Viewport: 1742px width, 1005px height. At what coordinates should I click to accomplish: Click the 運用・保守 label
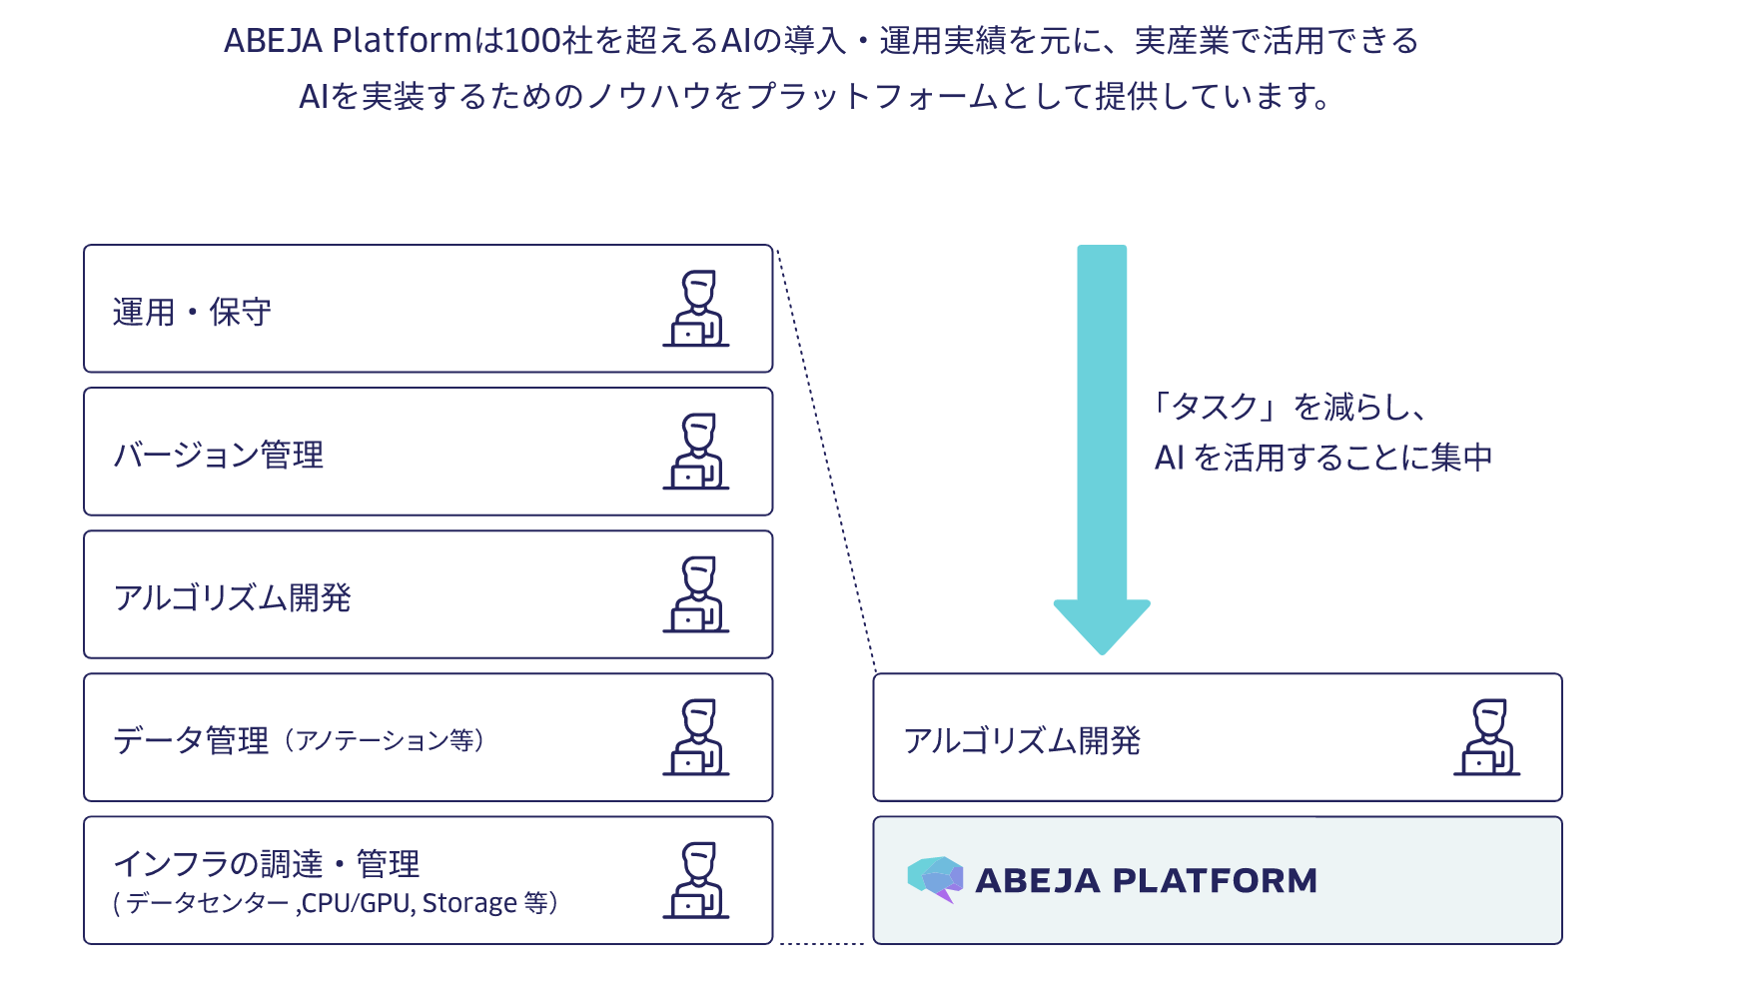(192, 312)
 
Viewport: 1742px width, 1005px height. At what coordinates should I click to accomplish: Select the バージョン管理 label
(218, 455)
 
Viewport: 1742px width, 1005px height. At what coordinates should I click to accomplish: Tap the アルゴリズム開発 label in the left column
(232, 597)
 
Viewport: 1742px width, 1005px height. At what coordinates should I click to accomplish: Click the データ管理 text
(191, 740)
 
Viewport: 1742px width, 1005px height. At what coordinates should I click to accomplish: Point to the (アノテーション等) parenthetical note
(385, 740)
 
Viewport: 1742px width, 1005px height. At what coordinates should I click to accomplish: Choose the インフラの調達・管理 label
(266, 863)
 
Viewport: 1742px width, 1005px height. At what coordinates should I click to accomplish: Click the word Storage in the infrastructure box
(469, 903)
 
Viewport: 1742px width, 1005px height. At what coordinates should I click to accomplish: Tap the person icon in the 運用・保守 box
(696, 309)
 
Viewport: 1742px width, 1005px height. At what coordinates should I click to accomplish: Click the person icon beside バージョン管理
(696, 452)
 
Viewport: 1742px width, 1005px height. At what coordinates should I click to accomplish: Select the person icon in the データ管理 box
(696, 737)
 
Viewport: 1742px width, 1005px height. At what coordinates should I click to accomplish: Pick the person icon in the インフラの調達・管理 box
(696, 880)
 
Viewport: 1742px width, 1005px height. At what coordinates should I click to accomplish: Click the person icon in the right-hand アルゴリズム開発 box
(1487, 737)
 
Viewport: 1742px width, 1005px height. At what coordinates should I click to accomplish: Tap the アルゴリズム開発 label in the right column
(1022, 740)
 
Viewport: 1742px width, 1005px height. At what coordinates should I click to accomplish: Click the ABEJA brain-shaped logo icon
(935, 879)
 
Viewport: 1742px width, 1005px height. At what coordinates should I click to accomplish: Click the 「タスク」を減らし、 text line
(1290, 407)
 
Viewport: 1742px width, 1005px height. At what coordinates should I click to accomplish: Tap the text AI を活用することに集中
(1323, 458)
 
